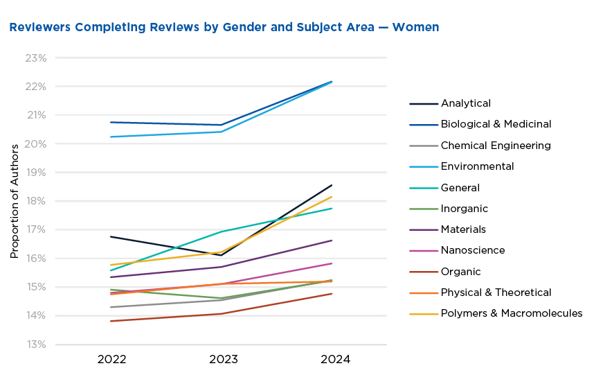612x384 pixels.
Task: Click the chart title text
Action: (x=224, y=28)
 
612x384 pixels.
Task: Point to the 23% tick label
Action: (x=35, y=58)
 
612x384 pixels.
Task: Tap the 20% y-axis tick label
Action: (x=35, y=143)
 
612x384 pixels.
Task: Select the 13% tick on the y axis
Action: (x=35, y=344)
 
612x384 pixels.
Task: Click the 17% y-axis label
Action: (x=35, y=229)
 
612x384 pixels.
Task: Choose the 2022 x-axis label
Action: (x=111, y=360)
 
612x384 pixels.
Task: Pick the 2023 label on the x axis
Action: (x=224, y=360)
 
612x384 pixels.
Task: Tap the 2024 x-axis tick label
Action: (x=336, y=360)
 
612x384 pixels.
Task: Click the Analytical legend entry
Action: (x=465, y=103)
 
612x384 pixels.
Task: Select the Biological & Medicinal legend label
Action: (x=496, y=124)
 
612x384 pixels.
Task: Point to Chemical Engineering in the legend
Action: (x=496, y=146)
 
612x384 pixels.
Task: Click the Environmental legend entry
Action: (x=477, y=166)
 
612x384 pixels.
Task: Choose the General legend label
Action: (x=460, y=188)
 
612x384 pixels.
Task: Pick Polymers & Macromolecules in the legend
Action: (x=512, y=313)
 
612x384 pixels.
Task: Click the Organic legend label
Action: (x=460, y=272)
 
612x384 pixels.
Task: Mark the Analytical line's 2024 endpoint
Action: (x=332, y=185)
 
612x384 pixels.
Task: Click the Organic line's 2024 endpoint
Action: (x=332, y=294)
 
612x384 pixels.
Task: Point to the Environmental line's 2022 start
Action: (x=111, y=137)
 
